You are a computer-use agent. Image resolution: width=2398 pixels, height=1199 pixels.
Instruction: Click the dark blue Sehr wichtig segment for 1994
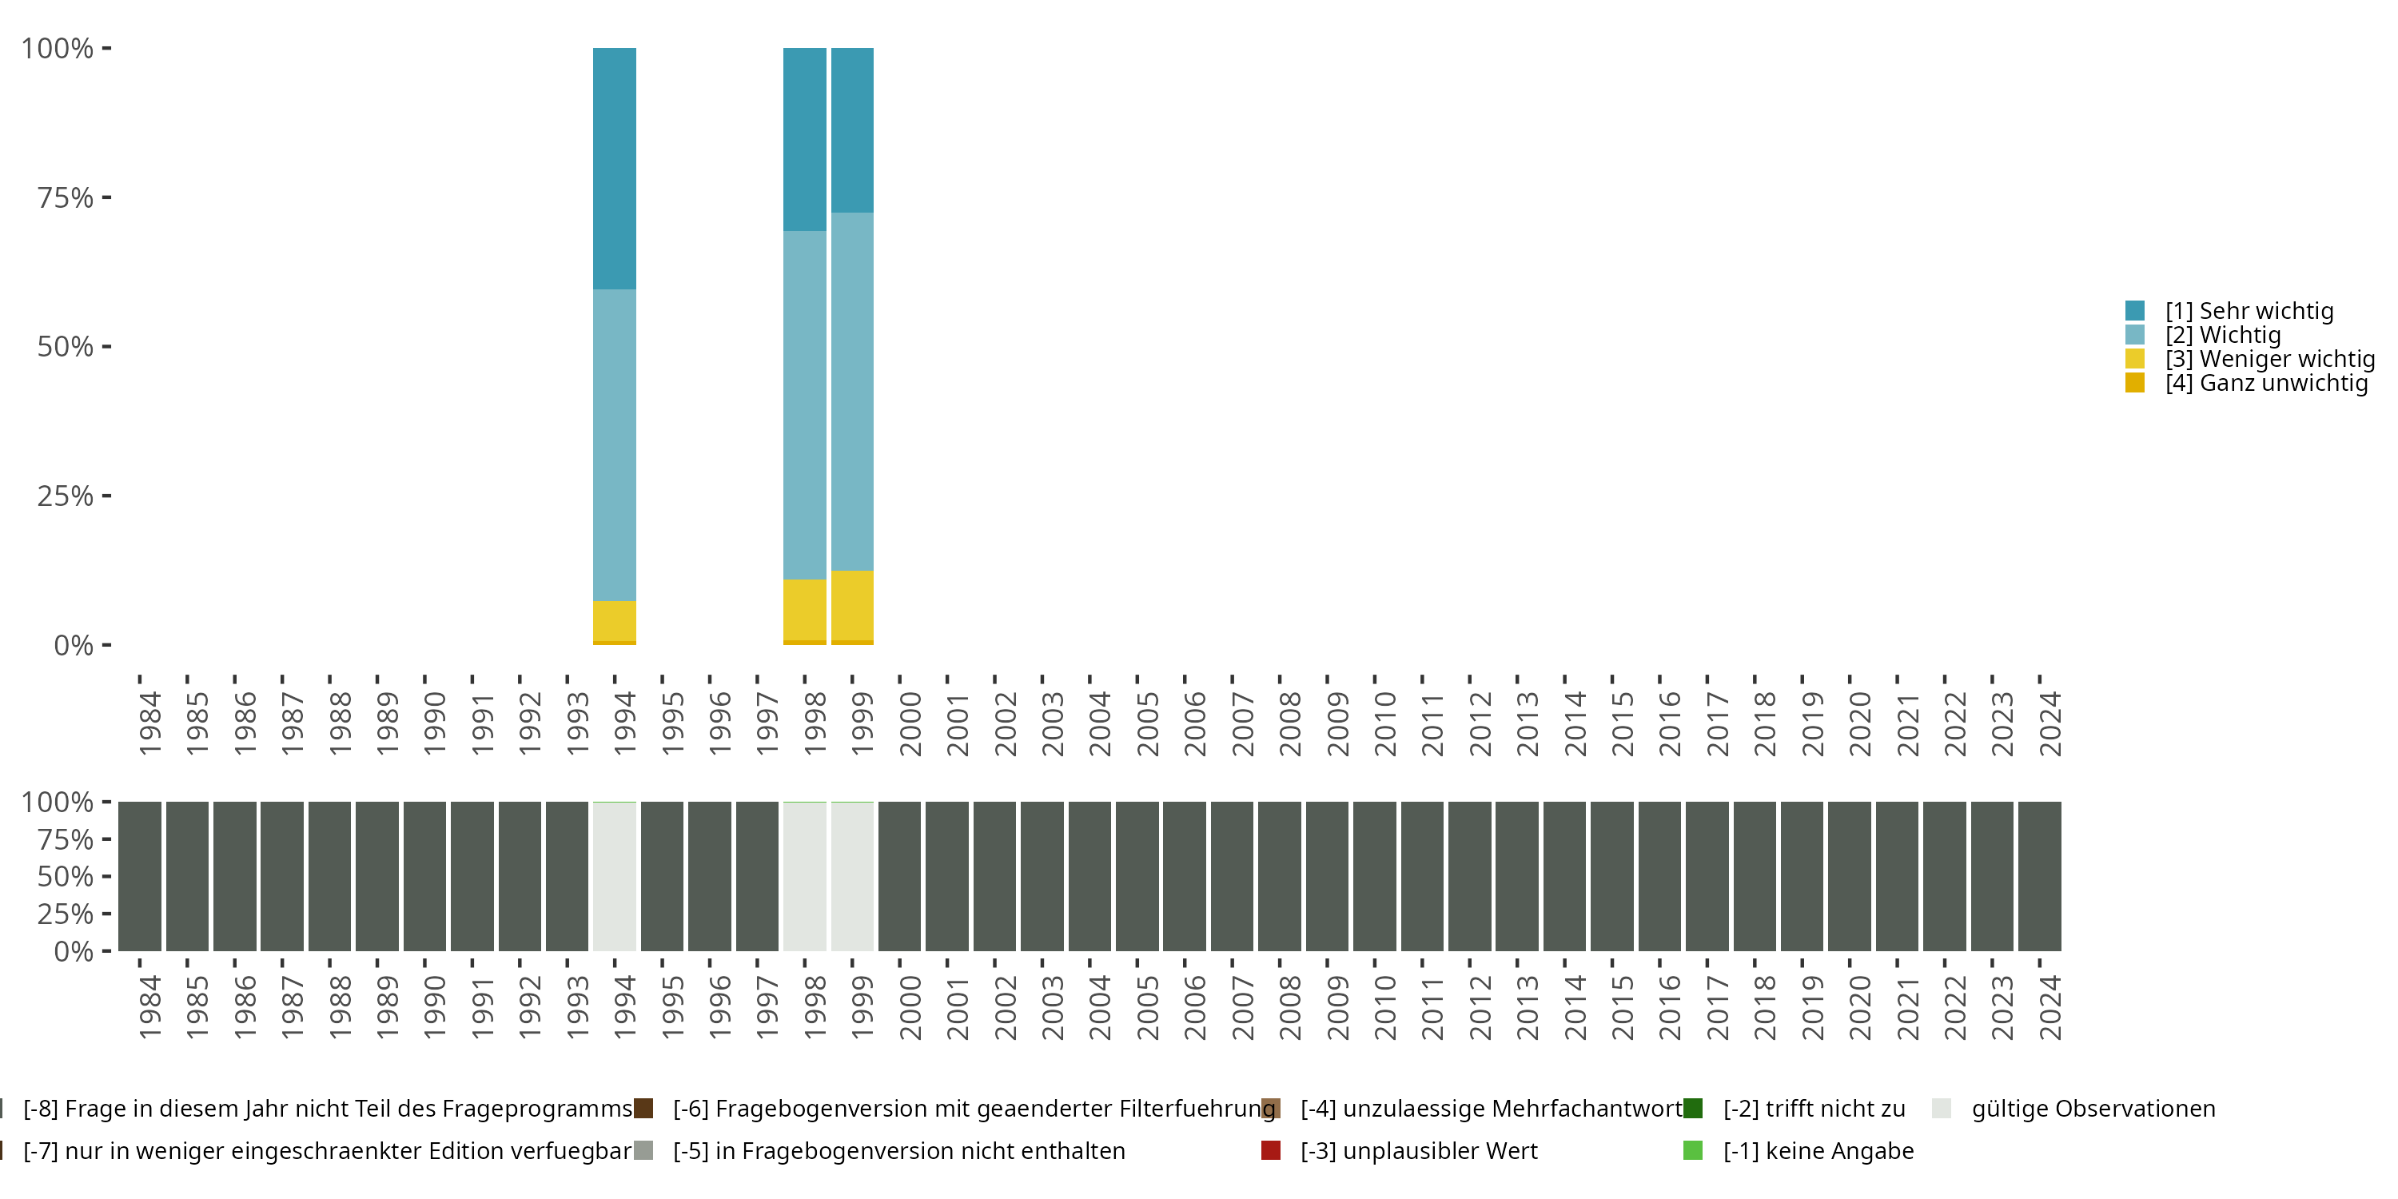click(615, 169)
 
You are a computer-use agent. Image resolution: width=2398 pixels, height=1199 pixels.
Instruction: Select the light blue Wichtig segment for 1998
click(804, 405)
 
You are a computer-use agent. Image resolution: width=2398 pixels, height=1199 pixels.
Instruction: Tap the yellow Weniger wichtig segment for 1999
click(852, 605)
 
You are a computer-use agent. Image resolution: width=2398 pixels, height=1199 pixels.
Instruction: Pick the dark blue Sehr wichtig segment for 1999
click(852, 130)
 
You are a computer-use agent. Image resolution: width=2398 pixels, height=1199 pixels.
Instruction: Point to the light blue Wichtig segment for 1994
click(615, 445)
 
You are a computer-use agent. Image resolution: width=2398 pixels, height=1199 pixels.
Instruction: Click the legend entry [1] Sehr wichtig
click(2248, 311)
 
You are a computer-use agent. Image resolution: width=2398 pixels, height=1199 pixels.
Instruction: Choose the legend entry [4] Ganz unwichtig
click(2265, 383)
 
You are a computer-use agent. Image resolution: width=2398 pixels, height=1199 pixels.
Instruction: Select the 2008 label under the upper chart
click(1290, 724)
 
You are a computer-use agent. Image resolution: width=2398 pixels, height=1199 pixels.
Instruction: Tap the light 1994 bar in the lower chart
click(615, 877)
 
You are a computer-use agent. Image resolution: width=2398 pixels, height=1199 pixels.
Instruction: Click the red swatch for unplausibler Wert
click(1271, 1150)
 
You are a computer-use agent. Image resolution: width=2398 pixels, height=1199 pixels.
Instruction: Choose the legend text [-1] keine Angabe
click(1818, 1150)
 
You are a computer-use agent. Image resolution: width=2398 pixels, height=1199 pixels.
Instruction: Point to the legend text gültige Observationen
click(2093, 1109)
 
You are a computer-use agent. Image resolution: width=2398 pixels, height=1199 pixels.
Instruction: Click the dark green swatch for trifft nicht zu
click(1693, 1109)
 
